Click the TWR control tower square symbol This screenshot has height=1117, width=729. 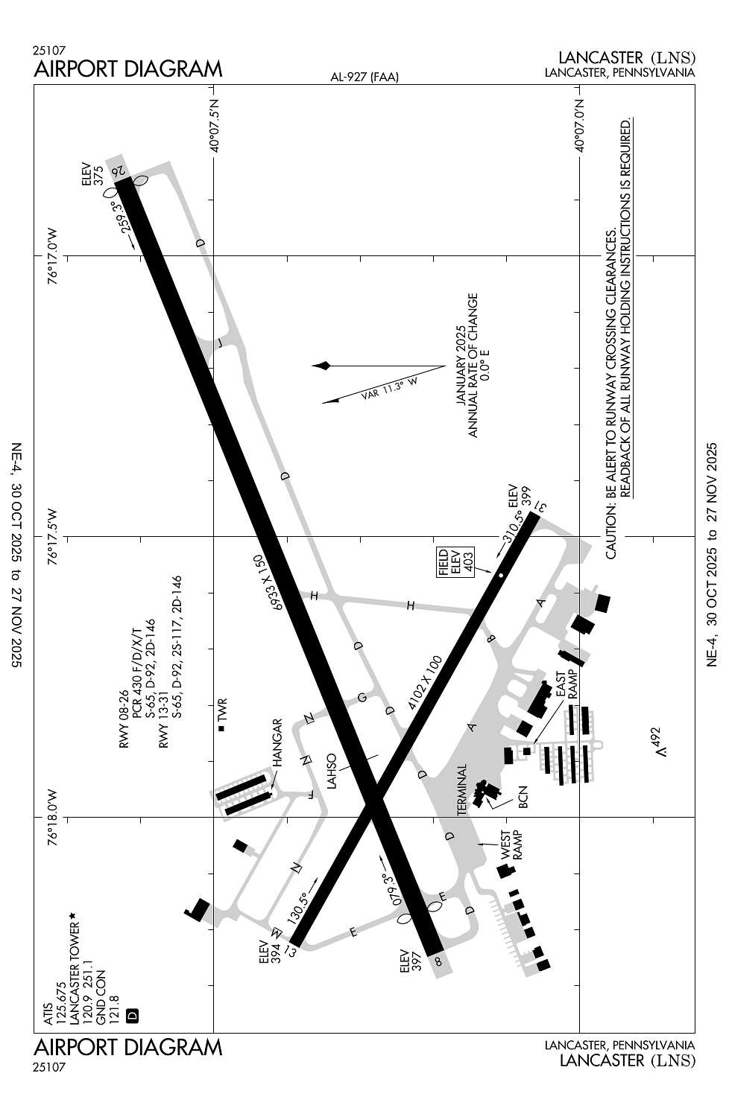[x=221, y=728]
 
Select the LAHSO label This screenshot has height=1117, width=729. [x=332, y=771]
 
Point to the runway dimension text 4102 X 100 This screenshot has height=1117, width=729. [x=425, y=682]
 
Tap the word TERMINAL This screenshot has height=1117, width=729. [x=462, y=790]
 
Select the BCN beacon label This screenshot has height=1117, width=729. [x=523, y=796]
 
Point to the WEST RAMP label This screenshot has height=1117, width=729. [x=511, y=844]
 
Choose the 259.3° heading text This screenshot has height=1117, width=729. [x=122, y=216]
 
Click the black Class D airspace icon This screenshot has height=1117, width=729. [x=133, y=1015]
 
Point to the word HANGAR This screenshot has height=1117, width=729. [x=277, y=742]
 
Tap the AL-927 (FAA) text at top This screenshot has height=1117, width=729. [x=364, y=77]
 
